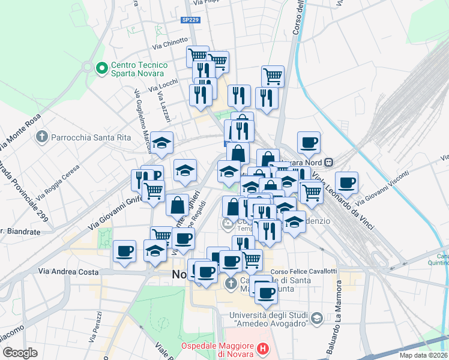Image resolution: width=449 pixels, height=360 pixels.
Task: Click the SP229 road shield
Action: coord(190,20)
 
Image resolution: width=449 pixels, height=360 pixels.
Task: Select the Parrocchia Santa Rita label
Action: coord(91,137)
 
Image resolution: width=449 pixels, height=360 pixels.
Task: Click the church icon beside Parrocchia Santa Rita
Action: coord(42,137)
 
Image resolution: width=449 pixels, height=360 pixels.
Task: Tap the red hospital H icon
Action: coord(262,348)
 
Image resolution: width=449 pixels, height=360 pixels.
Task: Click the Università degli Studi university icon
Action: coord(318,317)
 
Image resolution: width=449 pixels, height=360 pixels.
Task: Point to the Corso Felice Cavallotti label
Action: coord(304,271)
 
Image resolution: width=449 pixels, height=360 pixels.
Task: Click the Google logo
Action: coord(20,353)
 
